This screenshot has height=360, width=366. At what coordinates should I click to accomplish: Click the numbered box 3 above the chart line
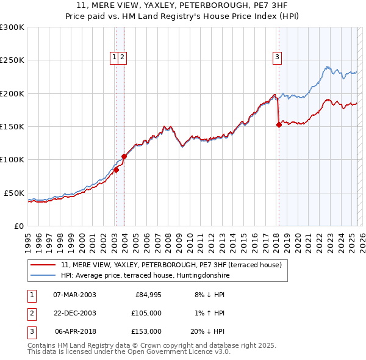[277, 58]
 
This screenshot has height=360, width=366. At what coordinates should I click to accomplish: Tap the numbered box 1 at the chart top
[114, 58]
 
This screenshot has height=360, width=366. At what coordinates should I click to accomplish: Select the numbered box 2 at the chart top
[122, 58]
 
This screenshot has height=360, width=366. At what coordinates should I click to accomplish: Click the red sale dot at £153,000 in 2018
[279, 124]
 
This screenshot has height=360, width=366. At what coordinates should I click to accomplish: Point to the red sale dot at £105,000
[124, 156]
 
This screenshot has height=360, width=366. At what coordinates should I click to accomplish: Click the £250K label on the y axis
[12, 60]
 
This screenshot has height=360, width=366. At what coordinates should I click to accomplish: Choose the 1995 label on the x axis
[28, 238]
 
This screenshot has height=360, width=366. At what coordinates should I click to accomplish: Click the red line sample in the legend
[43, 265]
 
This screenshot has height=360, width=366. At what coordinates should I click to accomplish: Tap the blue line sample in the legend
[43, 275]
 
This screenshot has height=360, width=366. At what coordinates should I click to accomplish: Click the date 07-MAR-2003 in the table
[75, 295]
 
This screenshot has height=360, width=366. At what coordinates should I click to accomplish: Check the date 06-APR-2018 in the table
[75, 331]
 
